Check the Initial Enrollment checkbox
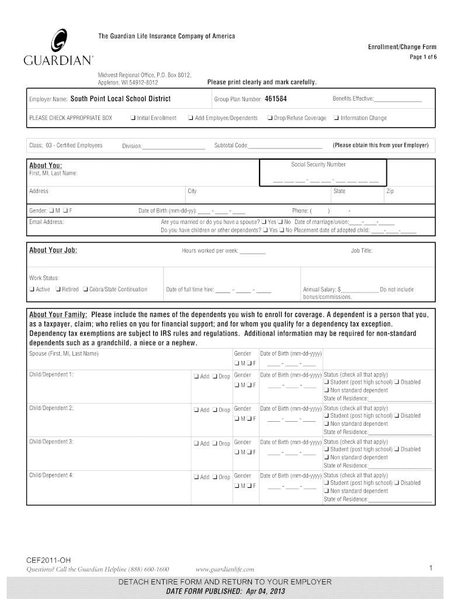pyautogui.click(x=133, y=118)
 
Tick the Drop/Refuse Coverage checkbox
pyautogui.click(x=269, y=118)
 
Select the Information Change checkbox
pyautogui.click(x=336, y=118)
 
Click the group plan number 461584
pyautogui.click(x=276, y=98)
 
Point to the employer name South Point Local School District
pyautogui.click(x=120, y=98)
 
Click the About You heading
pyautogui.click(x=46, y=166)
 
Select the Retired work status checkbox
pyautogui.click(x=58, y=290)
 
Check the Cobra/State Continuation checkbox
pyautogui.click(x=85, y=290)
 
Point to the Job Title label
pyautogui.click(x=361, y=250)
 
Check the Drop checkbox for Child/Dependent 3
pyautogui.click(x=215, y=443)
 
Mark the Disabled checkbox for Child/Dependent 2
pyautogui.click(x=397, y=416)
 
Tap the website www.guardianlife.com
pyautogui.click(x=225, y=569)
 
